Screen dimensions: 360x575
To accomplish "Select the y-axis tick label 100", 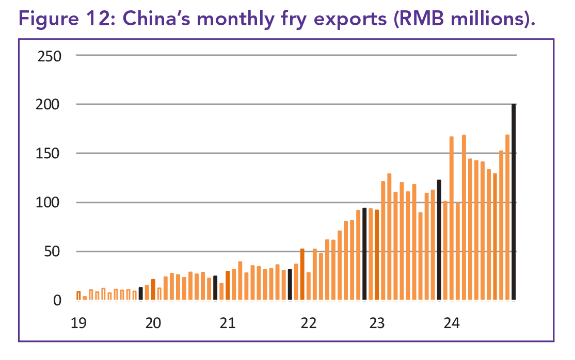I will coord(50,203).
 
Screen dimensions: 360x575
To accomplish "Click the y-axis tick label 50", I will coord(54,252).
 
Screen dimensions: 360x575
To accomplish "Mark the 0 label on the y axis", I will coord(57,301).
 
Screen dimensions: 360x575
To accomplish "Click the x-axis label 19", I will coord(78,324).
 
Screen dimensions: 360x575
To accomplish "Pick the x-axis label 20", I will coord(153,324).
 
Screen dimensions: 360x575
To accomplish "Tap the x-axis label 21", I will coord(228,324).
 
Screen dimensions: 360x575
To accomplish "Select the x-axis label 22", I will coord(308,324).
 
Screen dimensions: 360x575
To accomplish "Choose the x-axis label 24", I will coord(452,324).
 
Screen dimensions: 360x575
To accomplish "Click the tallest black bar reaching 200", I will coord(514,202).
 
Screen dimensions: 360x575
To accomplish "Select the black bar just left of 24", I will coord(439,240).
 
